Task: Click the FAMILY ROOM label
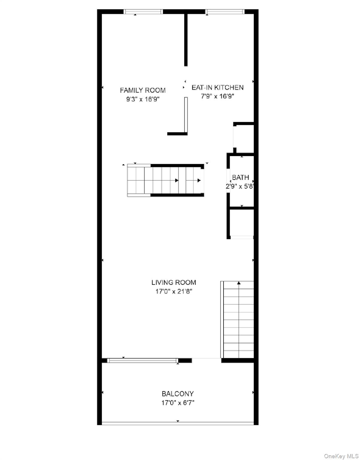click(x=142, y=90)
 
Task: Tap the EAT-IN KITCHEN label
click(x=217, y=87)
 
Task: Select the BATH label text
click(x=240, y=177)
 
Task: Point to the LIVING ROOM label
click(x=174, y=282)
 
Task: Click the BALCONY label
click(x=178, y=394)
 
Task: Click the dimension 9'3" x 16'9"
click(x=142, y=99)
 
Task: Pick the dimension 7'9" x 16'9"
click(x=217, y=96)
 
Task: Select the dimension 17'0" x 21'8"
click(x=174, y=291)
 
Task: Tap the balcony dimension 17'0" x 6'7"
click(x=178, y=403)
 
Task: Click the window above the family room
click(x=143, y=12)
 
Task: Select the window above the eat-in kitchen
click(x=225, y=12)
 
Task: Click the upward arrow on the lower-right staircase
click(x=239, y=283)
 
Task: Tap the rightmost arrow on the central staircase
click(x=199, y=180)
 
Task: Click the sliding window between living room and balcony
click(x=143, y=361)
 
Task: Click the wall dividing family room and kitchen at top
click(x=186, y=39)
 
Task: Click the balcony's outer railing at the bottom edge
click(x=178, y=423)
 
